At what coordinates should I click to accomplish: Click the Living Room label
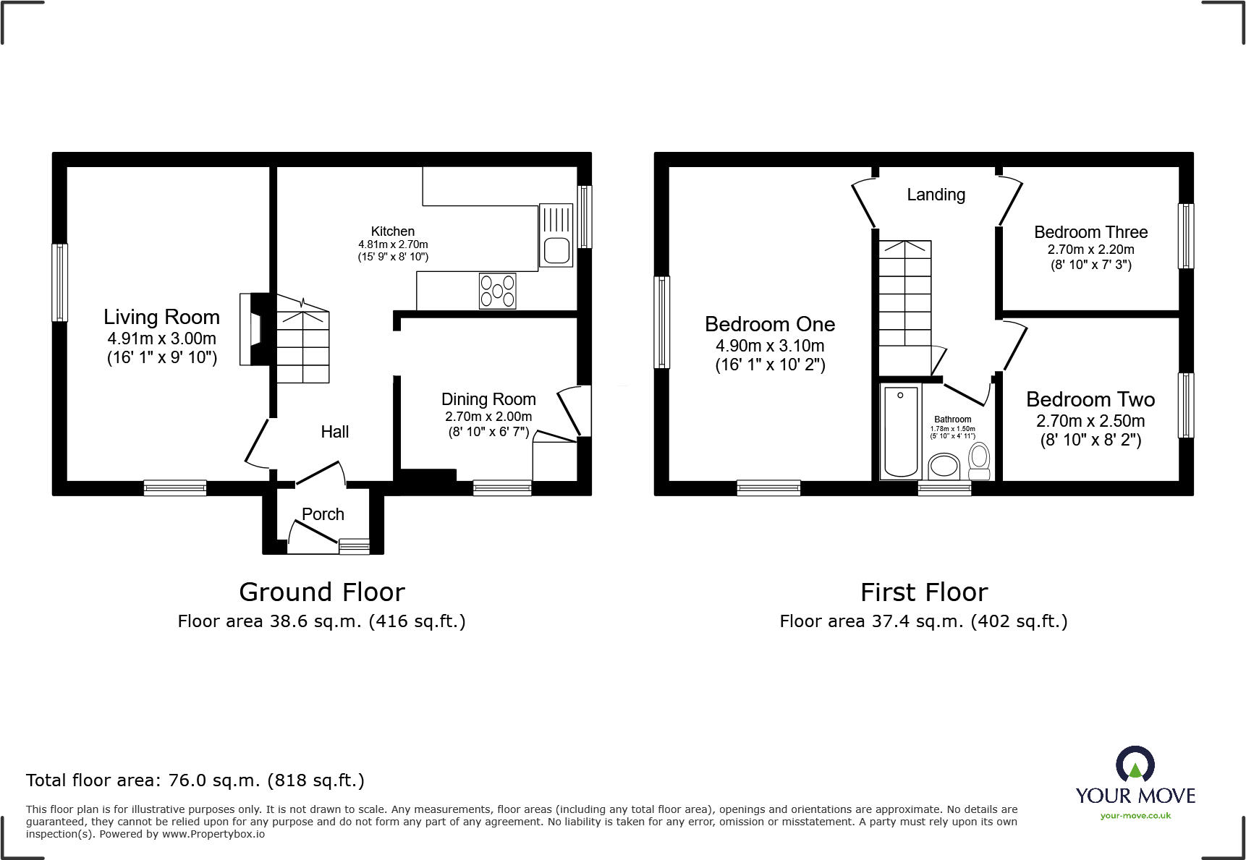161,317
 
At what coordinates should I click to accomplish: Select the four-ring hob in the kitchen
498,291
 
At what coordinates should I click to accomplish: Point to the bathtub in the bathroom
901,432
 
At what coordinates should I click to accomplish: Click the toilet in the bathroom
979,461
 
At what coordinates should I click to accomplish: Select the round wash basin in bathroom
944,465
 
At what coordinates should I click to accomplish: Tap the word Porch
323,514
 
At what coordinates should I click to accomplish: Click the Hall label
335,432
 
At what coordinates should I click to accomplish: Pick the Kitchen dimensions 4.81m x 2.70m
393,244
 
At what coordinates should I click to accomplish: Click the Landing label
936,195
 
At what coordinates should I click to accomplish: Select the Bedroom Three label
1090,232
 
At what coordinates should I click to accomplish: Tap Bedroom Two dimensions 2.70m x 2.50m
1090,421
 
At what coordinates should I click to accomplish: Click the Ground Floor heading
322,592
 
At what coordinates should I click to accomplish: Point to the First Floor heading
924,592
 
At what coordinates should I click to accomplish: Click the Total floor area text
195,780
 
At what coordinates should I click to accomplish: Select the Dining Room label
488,399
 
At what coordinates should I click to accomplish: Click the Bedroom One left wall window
661,322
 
